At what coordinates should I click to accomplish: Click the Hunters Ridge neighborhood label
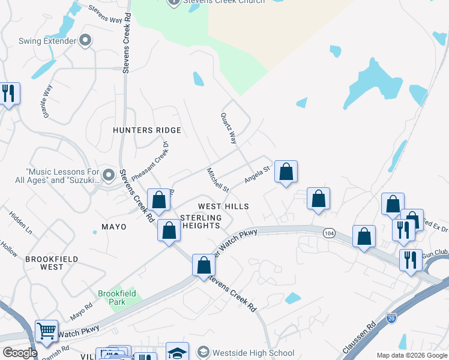pos(147,130)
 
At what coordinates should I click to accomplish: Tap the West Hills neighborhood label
pos(223,206)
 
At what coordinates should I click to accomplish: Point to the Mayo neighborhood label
pos(114,227)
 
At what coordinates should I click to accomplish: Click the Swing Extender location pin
pos(85,41)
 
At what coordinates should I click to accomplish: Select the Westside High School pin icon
pos(203,353)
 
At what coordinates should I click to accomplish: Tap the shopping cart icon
pos(46,331)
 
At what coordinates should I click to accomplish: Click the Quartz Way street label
pos(229,128)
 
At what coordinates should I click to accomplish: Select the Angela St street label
pos(258,175)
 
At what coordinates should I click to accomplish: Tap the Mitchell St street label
pos(218,180)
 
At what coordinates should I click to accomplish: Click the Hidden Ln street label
pos(20,222)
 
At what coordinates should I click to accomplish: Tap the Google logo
pos(20,353)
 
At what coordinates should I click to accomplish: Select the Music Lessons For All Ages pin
pos(109,175)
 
